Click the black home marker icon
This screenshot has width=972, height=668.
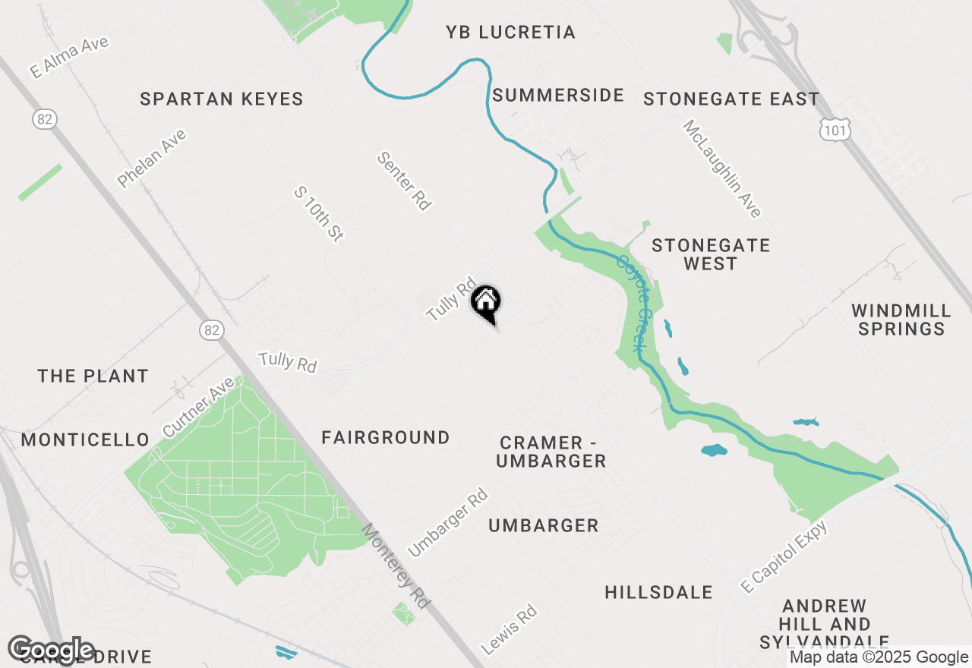click(486, 302)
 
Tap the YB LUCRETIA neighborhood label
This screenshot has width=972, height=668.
click(510, 32)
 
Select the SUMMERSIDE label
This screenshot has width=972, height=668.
click(558, 95)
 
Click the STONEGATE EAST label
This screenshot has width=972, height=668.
click(731, 99)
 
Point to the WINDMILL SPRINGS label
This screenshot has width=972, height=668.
click(901, 320)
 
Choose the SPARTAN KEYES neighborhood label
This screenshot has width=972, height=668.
click(222, 99)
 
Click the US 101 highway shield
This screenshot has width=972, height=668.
click(835, 129)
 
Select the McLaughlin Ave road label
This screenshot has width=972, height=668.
click(721, 169)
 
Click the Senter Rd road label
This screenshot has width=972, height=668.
click(404, 181)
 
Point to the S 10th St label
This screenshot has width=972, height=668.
click(319, 215)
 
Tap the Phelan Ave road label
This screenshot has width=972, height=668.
click(151, 159)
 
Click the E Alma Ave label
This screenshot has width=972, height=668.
click(70, 57)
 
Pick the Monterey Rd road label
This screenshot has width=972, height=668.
click(395, 566)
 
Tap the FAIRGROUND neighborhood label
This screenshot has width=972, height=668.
click(386, 437)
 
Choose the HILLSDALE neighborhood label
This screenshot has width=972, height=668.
click(659, 592)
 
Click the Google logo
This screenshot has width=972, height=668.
click(52, 650)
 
